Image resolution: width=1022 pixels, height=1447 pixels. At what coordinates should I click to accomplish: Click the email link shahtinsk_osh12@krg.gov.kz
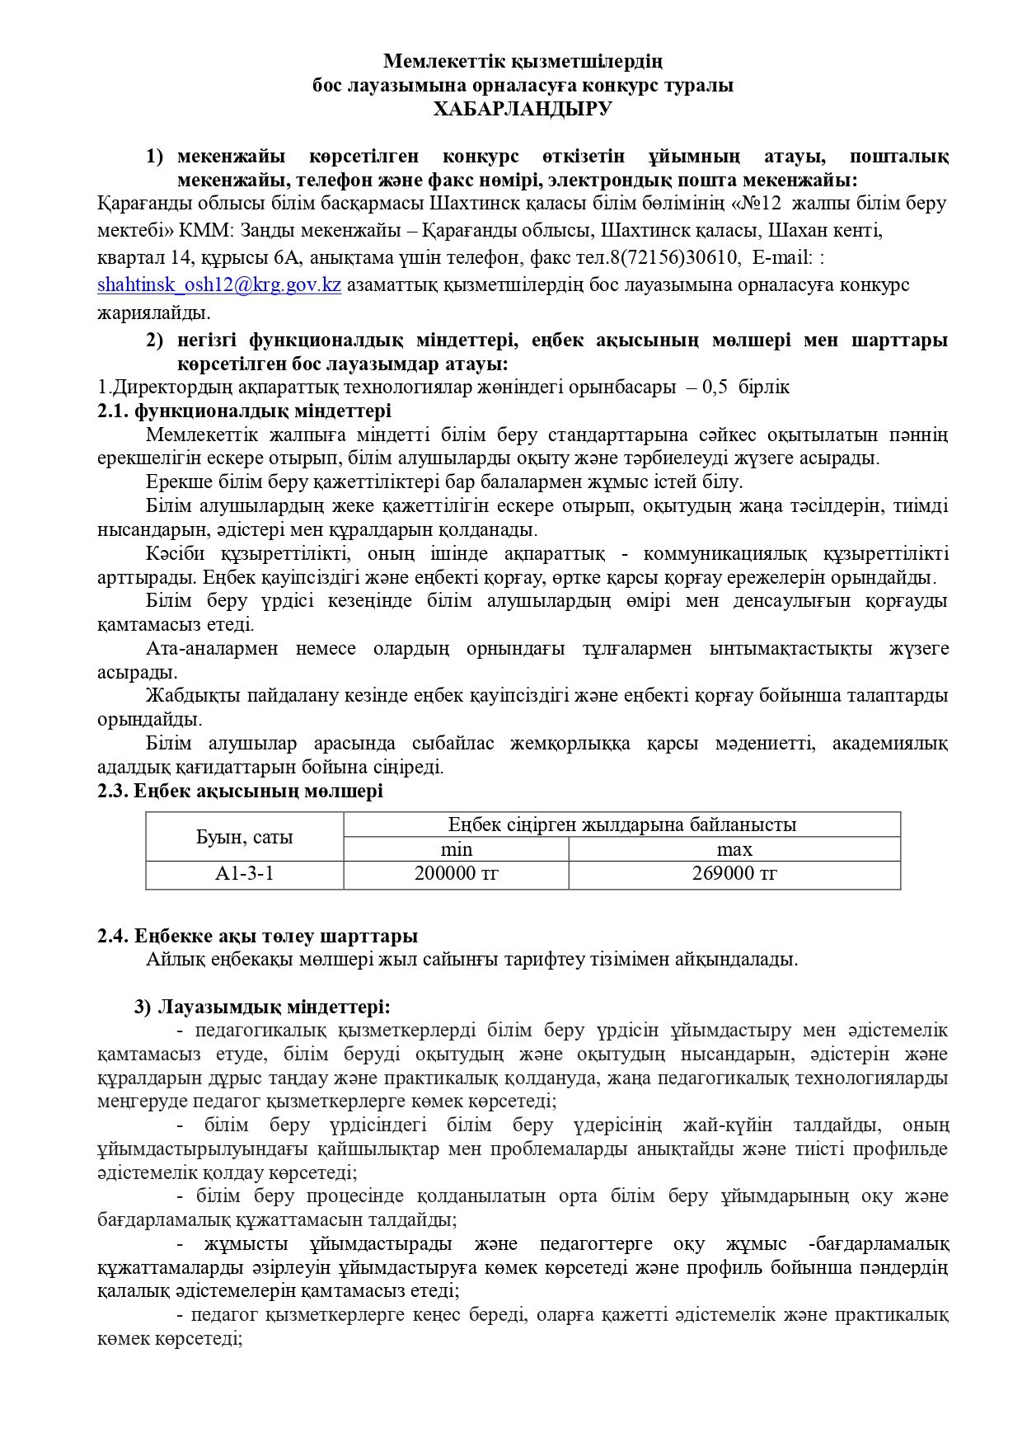[219, 285]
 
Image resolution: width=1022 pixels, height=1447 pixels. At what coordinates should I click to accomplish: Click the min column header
[456, 849]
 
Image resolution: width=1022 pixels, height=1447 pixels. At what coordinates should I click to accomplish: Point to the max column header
[734, 849]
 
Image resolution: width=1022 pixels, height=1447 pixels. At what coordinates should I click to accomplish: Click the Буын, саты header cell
[244, 838]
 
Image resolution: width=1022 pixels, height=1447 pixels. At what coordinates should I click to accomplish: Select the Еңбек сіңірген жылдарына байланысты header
[621, 825]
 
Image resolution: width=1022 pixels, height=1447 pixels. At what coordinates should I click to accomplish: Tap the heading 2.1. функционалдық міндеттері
[244, 411]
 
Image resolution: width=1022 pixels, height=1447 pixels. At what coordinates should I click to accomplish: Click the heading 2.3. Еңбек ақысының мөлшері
[240, 792]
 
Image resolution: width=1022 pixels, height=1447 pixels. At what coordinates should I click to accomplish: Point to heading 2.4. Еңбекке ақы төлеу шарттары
[257, 936]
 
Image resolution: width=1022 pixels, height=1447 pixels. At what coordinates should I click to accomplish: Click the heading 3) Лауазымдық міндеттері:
[262, 1007]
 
